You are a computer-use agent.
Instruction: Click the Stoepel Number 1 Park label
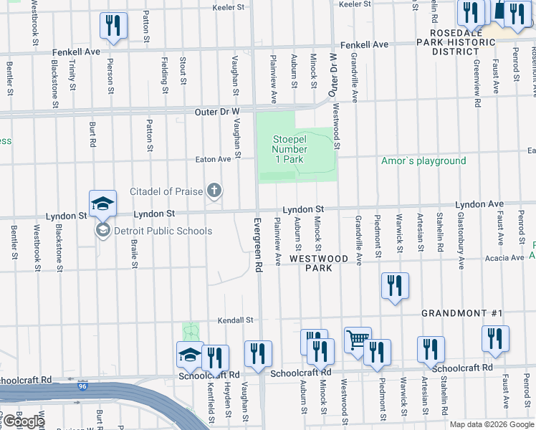click(x=289, y=149)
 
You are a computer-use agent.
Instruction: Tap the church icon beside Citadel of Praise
click(x=213, y=191)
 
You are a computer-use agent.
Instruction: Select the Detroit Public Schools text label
click(x=163, y=231)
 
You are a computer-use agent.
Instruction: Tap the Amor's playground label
click(x=423, y=161)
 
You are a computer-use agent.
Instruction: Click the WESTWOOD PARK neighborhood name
click(x=318, y=263)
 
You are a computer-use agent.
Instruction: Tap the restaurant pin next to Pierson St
click(x=113, y=26)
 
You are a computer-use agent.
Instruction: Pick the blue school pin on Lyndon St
click(x=102, y=203)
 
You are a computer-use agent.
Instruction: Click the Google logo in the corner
click(x=23, y=421)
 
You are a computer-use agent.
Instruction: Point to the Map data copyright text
click(x=491, y=424)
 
